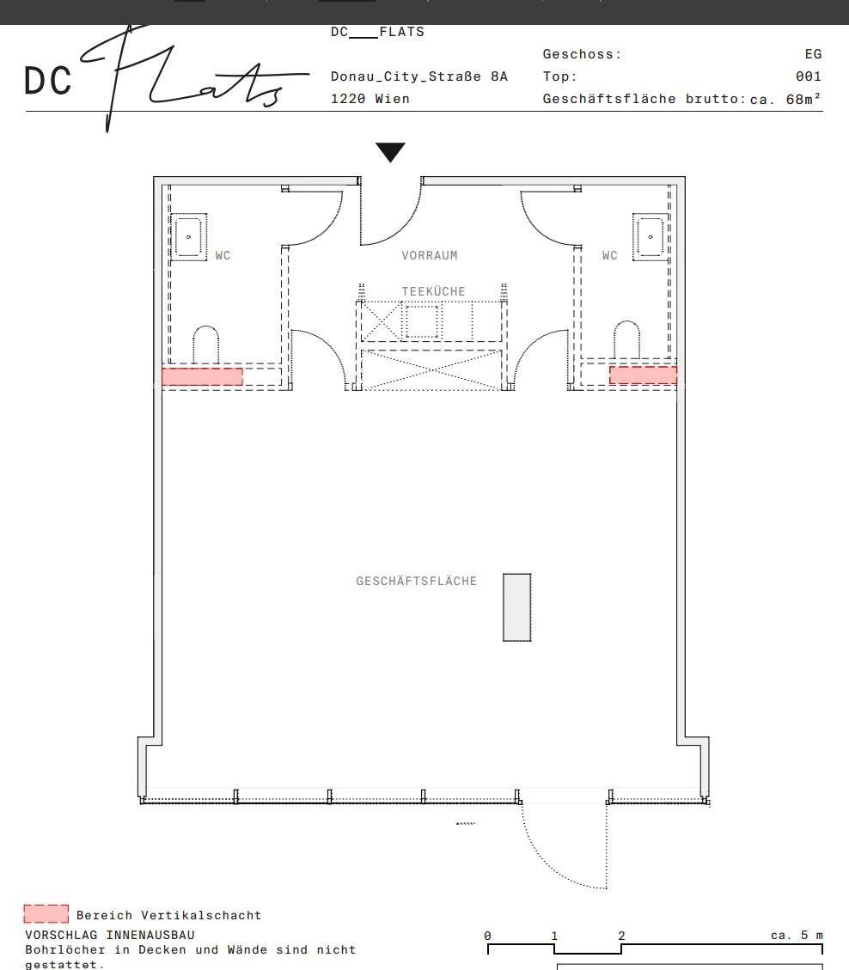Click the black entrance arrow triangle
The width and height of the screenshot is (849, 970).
390,151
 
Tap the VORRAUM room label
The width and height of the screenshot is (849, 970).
430,255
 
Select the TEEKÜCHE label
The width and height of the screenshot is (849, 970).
433,291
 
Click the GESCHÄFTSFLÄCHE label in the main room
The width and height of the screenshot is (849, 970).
417,581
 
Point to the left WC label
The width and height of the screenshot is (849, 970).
223,255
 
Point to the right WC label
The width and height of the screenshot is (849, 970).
609,255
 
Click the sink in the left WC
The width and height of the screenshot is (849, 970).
189,237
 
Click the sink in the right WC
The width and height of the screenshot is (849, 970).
650,237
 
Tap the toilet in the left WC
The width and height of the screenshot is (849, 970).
206,345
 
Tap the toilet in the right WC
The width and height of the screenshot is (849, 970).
626,339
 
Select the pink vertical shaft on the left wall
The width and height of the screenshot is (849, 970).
202,376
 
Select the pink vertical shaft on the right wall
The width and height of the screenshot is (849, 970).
644,375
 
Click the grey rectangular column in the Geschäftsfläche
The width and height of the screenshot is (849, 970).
517,607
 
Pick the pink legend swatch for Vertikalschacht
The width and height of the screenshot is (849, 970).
46,913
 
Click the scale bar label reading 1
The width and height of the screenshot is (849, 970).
554,936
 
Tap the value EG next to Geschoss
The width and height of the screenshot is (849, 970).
813,54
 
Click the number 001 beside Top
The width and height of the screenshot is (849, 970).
809,76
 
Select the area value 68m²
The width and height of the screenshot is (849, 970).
803,99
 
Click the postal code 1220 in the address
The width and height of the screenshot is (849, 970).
348,99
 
